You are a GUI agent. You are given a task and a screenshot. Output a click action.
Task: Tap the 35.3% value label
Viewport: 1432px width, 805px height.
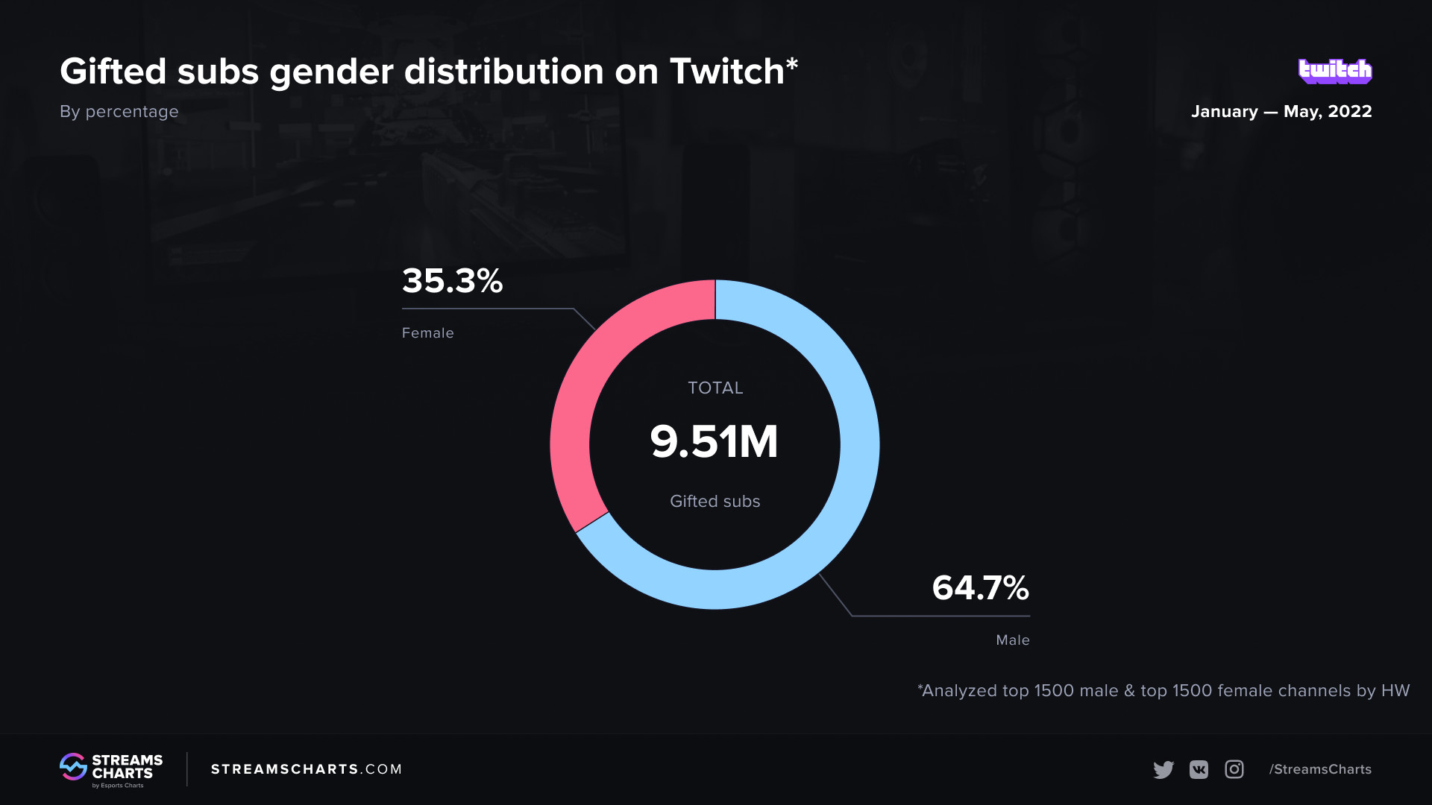click(452, 282)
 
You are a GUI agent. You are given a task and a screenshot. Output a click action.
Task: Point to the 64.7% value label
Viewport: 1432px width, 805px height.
click(980, 588)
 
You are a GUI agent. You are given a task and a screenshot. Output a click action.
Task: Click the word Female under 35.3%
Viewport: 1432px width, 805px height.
click(427, 333)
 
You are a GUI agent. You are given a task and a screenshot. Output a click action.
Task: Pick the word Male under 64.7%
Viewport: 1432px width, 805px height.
click(1012, 640)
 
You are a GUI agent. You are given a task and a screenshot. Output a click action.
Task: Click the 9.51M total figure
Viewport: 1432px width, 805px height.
click(714, 441)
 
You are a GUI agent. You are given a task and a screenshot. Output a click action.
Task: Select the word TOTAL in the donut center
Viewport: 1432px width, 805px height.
click(715, 388)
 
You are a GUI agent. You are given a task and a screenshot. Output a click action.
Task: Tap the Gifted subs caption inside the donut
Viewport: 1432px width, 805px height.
click(715, 502)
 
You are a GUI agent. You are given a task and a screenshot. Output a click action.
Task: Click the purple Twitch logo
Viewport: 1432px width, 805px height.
click(1334, 71)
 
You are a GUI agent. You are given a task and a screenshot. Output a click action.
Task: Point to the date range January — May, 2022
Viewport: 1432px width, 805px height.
click(1281, 112)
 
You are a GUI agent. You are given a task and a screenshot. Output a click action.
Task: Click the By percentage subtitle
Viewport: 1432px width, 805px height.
click(119, 112)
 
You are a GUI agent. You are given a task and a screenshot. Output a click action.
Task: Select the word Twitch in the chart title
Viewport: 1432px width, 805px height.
click(727, 72)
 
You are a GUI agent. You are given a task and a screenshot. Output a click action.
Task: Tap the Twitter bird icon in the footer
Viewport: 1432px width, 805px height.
click(1163, 769)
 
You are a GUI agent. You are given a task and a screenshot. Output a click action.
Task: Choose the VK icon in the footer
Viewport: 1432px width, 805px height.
click(1199, 769)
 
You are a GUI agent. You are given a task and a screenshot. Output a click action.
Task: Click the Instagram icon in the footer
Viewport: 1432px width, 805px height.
click(1234, 769)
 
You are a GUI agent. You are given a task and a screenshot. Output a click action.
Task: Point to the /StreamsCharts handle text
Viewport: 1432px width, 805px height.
click(1320, 769)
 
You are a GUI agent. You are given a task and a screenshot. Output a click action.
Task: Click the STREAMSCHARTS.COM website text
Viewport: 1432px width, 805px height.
click(306, 769)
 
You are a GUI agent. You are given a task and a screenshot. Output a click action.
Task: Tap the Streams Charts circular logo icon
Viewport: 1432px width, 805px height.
click(73, 767)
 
